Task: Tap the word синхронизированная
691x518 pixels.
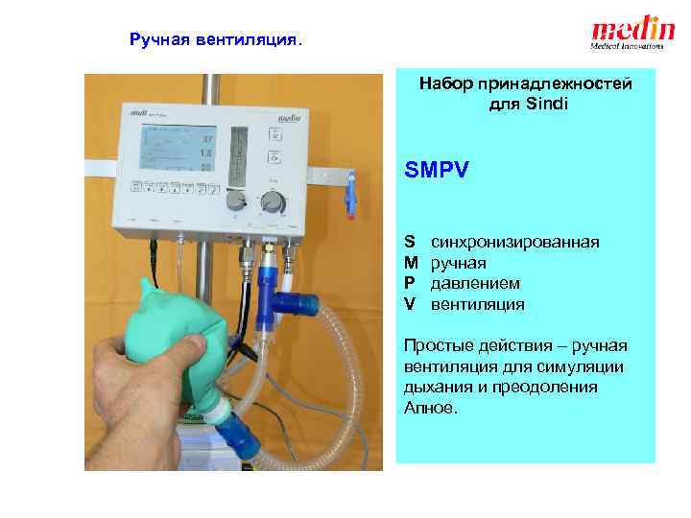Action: click(x=515, y=242)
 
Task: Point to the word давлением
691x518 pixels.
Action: click(x=475, y=283)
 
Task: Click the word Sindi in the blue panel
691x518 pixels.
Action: click(x=547, y=104)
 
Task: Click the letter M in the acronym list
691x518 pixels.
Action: click(x=410, y=263)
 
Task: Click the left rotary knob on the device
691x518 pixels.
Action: click(x=235, y=200)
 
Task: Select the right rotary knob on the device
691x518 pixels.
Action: click(x=274, y=201)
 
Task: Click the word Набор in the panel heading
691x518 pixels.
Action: click(x=441, y=83)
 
